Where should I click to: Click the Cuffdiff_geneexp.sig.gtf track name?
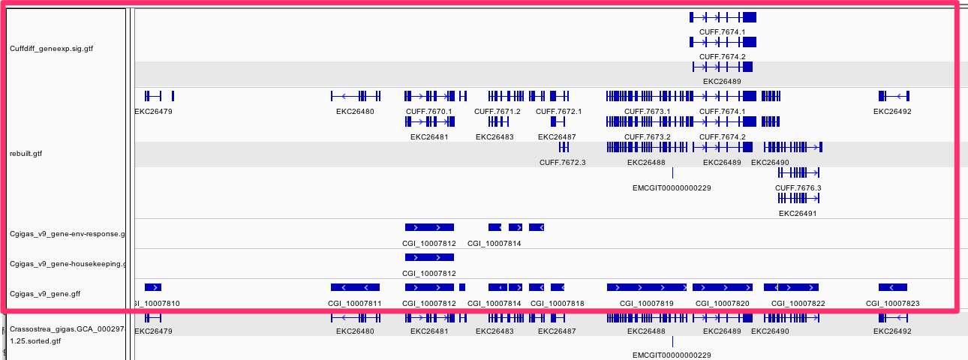52,49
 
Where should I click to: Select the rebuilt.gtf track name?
26,154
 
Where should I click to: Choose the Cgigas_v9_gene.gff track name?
45,294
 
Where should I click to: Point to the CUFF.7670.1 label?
429,112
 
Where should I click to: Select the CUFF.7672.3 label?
562,162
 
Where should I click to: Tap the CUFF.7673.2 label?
647,137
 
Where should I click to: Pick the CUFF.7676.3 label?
798,187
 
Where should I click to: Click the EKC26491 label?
798,213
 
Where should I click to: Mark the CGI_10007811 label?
355,304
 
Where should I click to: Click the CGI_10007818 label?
557,304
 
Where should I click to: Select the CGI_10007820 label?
722,304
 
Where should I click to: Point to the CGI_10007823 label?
892,304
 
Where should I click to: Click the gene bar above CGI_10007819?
646,287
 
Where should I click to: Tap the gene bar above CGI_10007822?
791,287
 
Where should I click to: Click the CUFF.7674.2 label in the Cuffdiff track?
722,56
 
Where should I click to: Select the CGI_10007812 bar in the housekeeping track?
429,257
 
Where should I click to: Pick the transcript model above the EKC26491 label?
798,198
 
